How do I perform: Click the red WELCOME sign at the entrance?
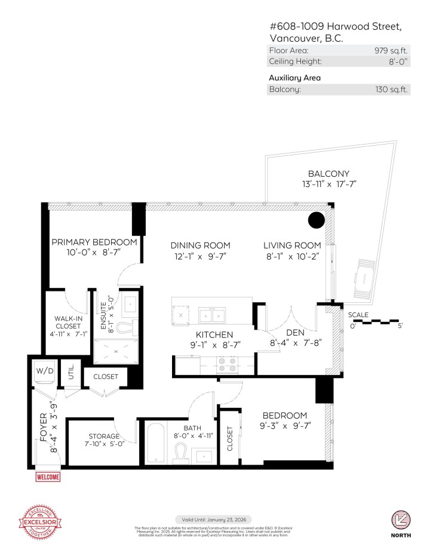coord(48,477)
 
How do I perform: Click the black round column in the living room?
coord(317,220)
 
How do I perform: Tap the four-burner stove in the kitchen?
coord(227,364)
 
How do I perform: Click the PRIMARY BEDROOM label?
coord(94,242)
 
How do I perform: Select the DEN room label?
coord(296,333)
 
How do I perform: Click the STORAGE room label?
coord(105,436)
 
